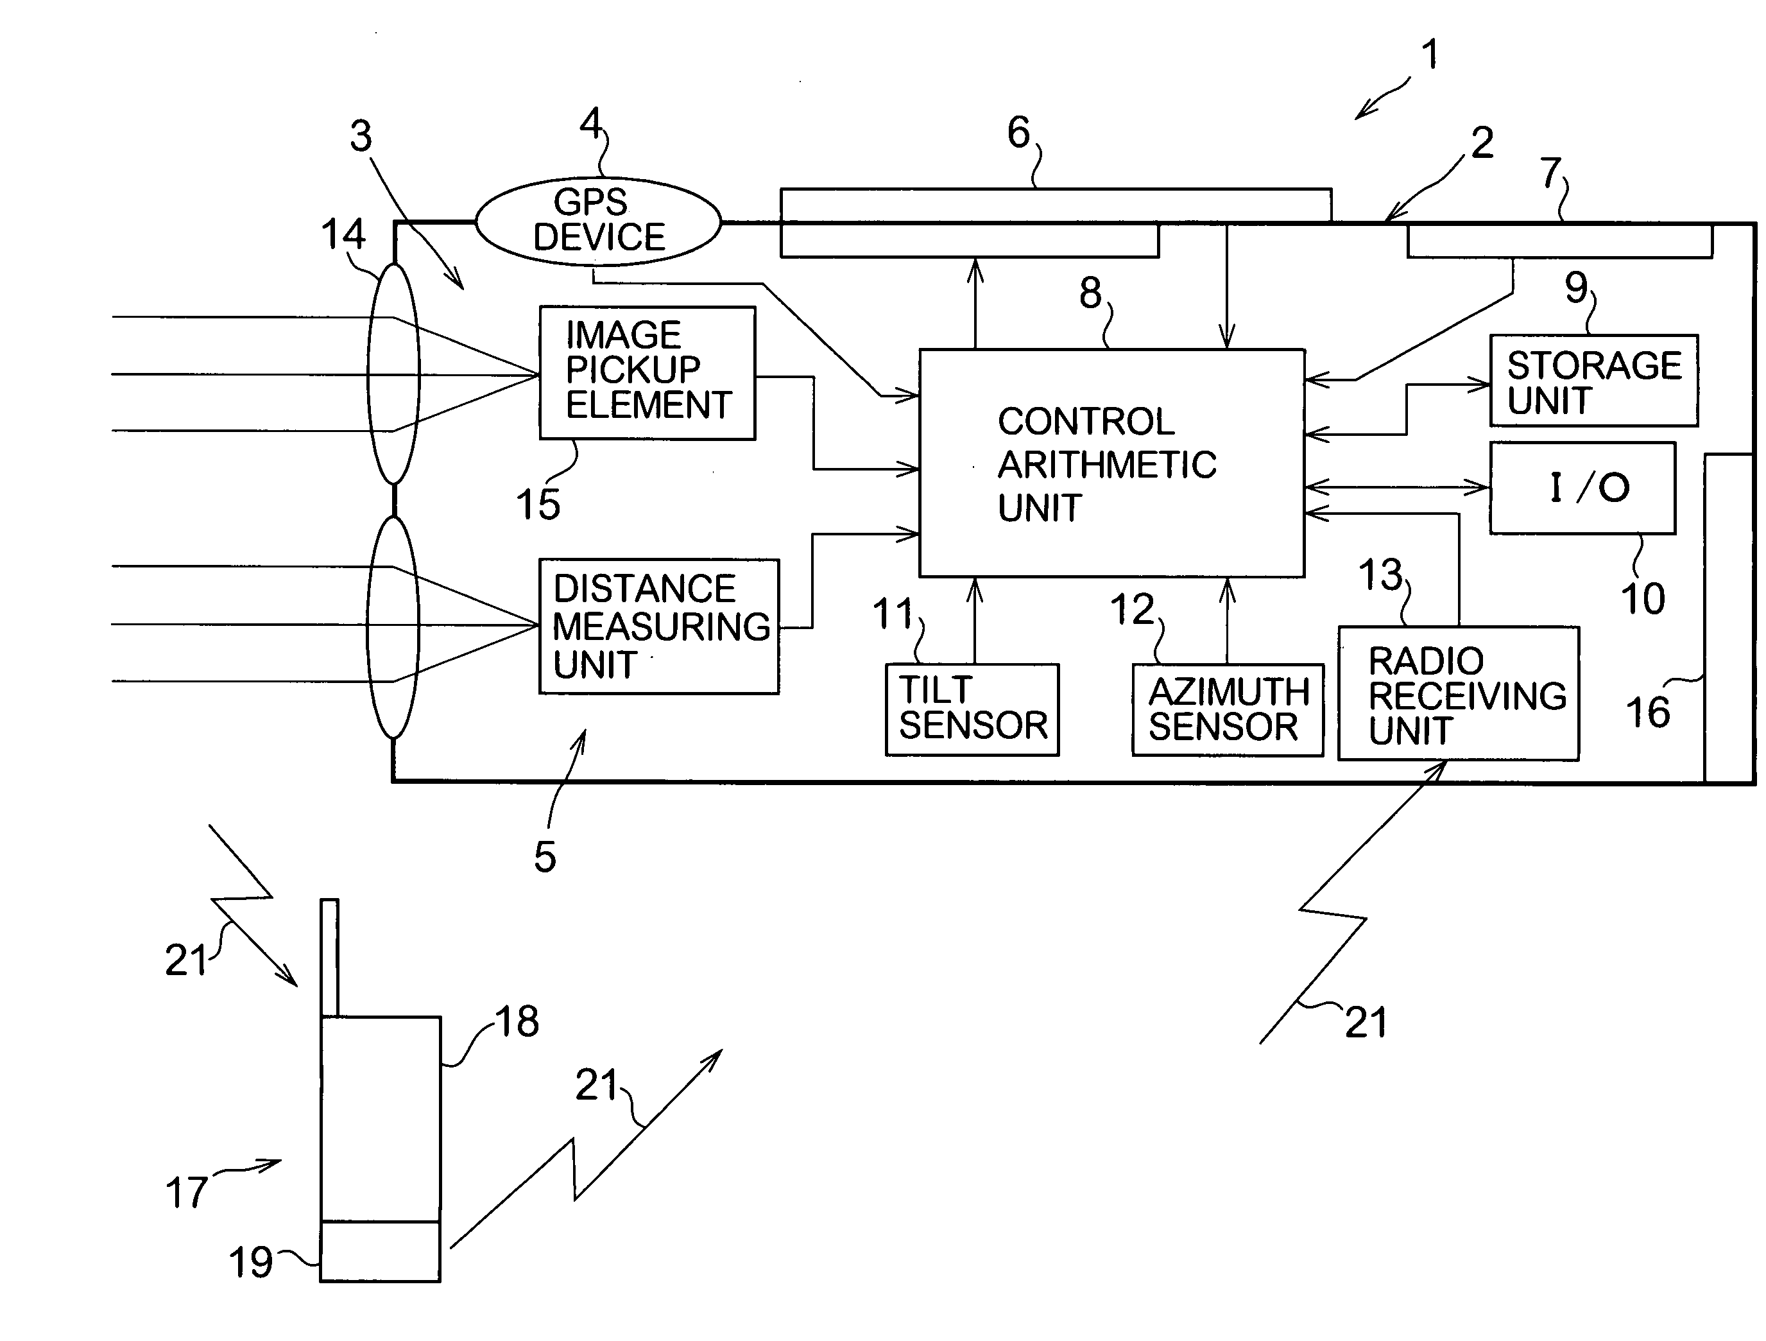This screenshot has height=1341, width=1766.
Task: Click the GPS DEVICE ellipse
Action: coord(598,220)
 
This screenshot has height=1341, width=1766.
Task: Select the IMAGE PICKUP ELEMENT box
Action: coord(647,372)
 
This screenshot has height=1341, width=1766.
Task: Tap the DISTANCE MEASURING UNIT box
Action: coord(658,626)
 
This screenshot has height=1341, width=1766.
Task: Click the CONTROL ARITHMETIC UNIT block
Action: coord(1111,463)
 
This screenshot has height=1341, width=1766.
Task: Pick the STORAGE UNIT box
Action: coord(1593,381)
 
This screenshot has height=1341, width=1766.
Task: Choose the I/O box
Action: coord(1582,488)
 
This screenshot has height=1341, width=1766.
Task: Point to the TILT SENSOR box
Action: coord(972,709)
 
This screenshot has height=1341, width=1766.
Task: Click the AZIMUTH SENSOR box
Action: coord(1227,709)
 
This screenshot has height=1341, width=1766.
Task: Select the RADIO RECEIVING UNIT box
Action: coord(1459,693)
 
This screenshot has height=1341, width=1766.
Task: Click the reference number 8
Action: coord(1090,293)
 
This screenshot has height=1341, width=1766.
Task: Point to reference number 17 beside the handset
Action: coord(187,1193)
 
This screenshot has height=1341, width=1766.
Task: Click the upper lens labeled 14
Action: coord(393,374)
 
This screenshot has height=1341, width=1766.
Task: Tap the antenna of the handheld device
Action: coord(330,958)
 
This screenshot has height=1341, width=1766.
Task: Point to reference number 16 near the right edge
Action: coord(1648,713)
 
